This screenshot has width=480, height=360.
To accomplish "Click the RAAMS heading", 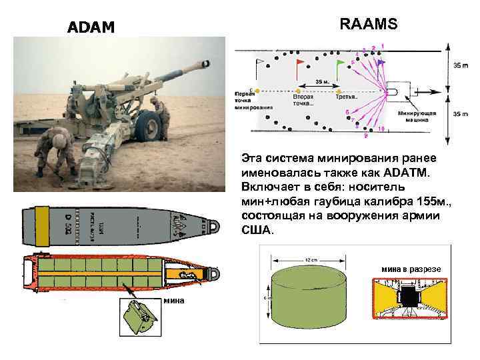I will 369,25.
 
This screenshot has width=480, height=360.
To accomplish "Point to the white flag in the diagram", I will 258,62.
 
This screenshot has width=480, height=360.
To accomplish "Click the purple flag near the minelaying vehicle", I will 380,62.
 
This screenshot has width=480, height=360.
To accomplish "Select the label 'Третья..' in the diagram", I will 345,97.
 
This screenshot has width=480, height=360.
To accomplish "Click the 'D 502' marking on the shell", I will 69,225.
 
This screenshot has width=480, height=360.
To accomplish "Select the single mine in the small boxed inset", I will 137,315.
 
